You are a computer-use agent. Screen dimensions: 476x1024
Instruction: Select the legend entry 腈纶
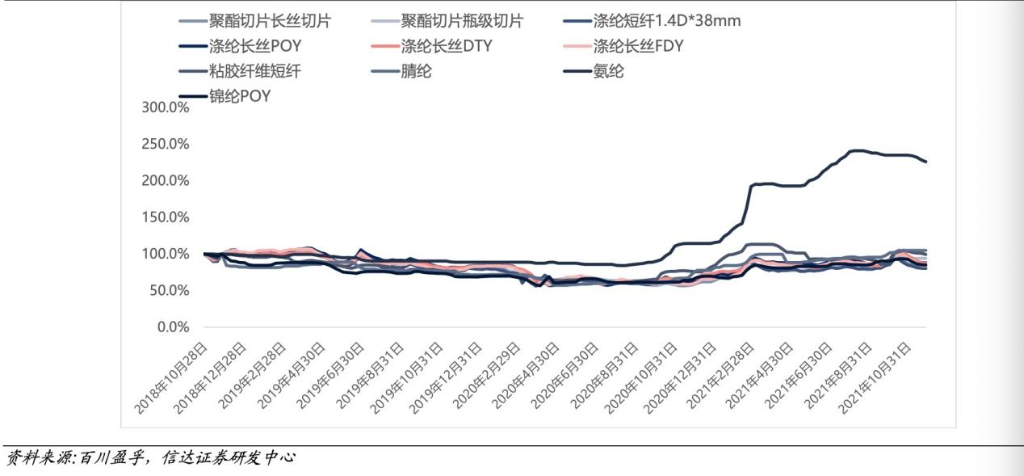416,71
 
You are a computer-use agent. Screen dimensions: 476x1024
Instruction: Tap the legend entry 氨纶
608,71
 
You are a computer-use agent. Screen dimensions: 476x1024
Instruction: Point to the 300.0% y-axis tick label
166,107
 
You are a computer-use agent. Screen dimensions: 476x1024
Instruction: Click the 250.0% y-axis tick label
166,144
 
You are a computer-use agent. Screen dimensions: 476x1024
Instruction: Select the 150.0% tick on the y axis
166,217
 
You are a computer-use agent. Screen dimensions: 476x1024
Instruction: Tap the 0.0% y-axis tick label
172,327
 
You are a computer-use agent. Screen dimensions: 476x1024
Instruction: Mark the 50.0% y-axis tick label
169,290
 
